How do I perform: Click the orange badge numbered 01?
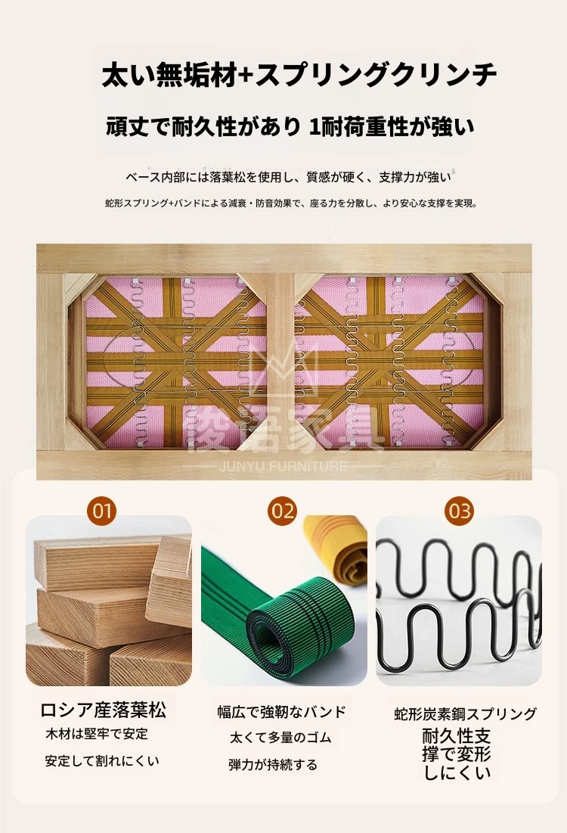101,511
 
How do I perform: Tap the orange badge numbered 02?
282,511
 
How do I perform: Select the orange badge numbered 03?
459,511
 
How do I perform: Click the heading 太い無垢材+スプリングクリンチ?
299,75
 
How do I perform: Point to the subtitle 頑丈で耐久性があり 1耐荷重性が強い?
290,127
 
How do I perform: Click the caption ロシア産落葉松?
104,710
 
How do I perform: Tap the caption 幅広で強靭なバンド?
282,712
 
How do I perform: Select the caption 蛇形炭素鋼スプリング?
466,713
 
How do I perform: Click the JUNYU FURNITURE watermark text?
283,467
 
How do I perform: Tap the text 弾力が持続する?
273,765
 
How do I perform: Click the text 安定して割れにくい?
102,761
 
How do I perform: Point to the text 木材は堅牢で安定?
97,734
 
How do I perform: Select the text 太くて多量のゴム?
280,738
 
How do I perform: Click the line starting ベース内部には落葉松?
288,177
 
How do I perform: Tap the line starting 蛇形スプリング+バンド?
292,203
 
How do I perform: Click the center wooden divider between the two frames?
280,361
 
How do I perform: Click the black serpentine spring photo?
459,600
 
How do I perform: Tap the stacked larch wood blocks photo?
109,600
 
